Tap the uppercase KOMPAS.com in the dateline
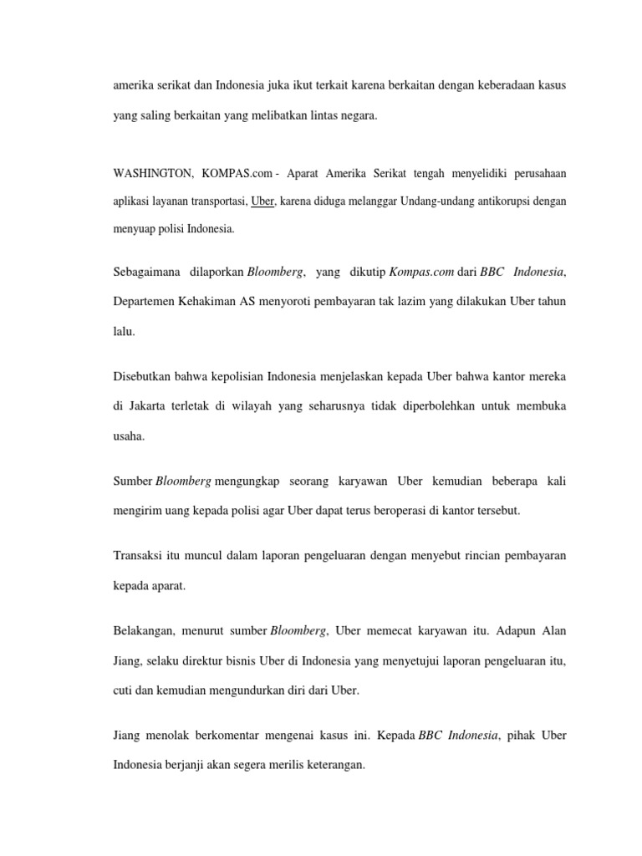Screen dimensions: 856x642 [237, 173]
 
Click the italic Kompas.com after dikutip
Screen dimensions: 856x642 [394, 272]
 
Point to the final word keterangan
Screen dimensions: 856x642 [334, 763]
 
